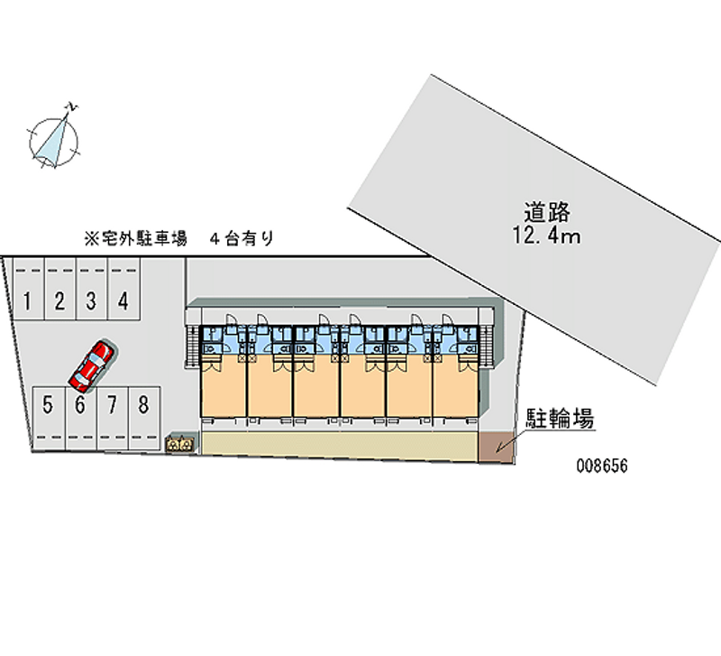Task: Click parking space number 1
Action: pos(28,300)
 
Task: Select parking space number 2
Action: pos(59,300)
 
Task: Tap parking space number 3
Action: pos(91,300)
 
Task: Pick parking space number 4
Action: pos(123,300)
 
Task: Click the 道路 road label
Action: pos(548,213)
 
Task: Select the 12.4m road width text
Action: pos(548,236)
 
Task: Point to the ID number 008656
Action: pos(602,468)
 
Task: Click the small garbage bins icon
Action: pos(179,444)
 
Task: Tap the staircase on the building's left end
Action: pos(191,343)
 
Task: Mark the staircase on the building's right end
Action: pos(488,343)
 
